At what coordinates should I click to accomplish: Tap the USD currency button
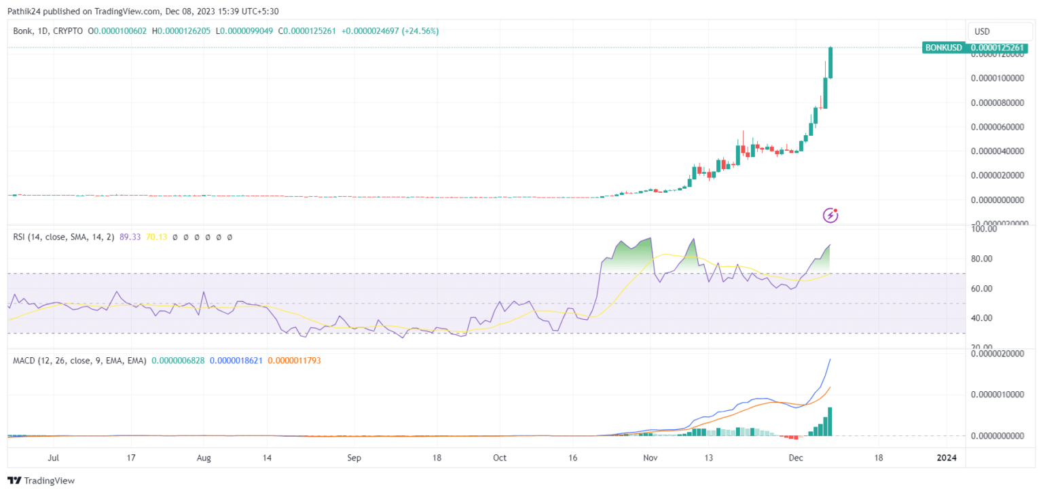coord(982,31)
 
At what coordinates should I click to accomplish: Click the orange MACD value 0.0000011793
coord(294,361)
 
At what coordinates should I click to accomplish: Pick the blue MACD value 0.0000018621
coord(236,361)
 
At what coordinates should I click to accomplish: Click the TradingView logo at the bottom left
coord(41,481)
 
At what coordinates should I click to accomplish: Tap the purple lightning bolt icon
coord(830,215)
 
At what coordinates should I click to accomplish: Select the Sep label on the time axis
coord(354,458)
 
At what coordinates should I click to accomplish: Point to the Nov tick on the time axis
coord(651,458)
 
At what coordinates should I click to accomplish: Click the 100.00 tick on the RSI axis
coord(985,230)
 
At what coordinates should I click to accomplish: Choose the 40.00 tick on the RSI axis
coord(985,318)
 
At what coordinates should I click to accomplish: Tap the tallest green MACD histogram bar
coord(830,421)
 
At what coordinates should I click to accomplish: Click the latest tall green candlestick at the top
coord(830,62)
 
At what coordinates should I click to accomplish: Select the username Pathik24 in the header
coord(24,11)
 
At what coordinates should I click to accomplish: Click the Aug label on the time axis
coord(204,458)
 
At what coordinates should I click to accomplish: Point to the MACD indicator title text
coord(79,361)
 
